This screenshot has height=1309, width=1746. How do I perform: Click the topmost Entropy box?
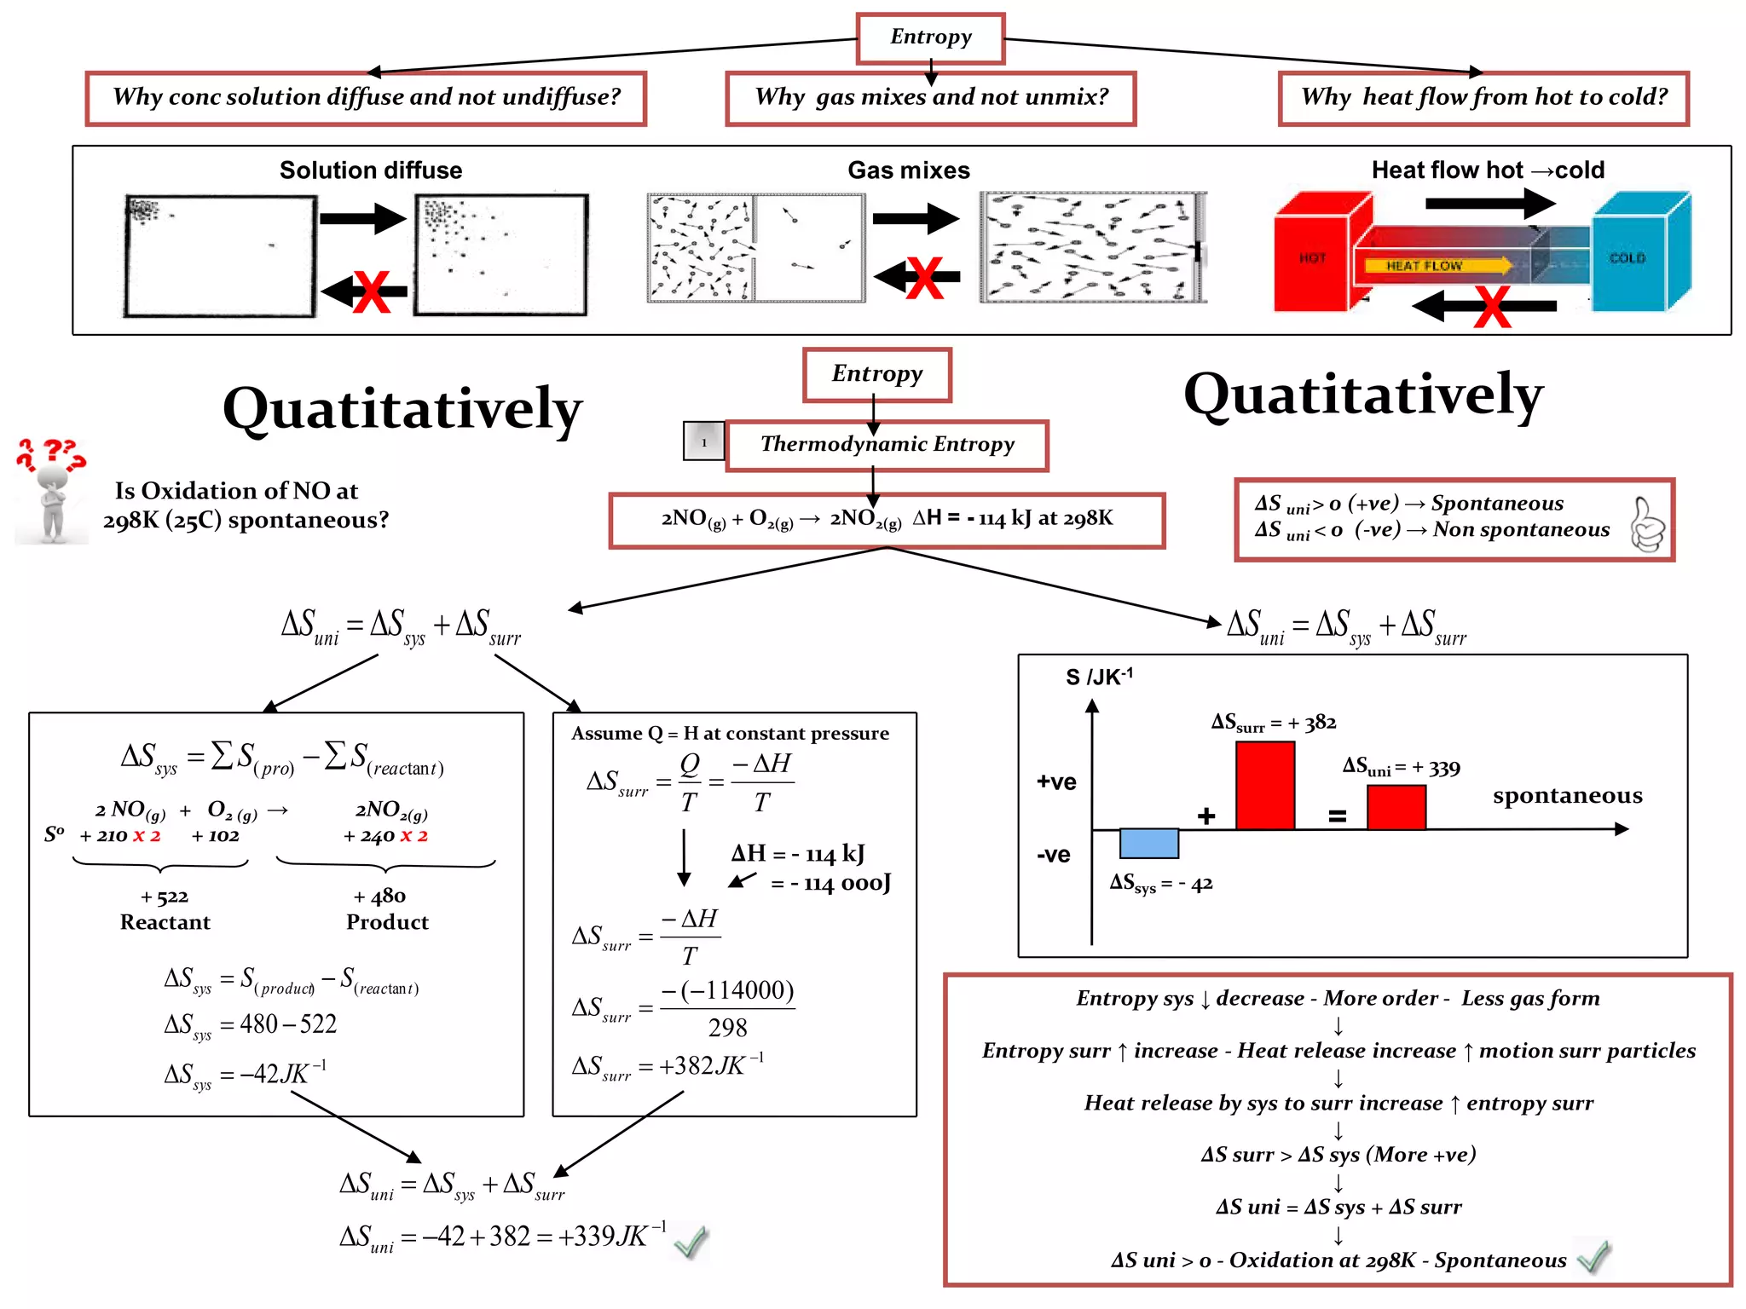coord(930,37)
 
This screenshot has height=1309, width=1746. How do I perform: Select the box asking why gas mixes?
coord(930,98)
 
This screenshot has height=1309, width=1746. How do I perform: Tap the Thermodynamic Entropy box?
coord(887,445)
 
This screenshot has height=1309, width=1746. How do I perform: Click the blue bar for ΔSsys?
coord(1148,843)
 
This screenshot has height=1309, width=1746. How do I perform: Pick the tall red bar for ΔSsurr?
coord(1265,785)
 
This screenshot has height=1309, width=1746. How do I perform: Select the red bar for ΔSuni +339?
coord(1396,806)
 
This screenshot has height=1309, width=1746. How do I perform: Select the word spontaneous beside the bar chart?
coord(1567,795)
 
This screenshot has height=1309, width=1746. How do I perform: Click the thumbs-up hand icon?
coord(1646,524)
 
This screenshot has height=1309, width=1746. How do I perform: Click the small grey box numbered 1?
coord(703,441)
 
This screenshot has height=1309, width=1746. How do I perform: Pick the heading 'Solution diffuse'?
coord(371,170)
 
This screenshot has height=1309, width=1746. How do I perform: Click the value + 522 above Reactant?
coord(165,897)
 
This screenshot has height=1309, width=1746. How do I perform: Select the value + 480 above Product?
coord(379,897)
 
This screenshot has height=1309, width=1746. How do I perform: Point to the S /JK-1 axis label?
coord(1099,677)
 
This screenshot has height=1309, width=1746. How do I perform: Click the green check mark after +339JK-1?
coord(690,1242)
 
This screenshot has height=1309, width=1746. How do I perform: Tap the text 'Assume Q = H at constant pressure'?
coord(730,734)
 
